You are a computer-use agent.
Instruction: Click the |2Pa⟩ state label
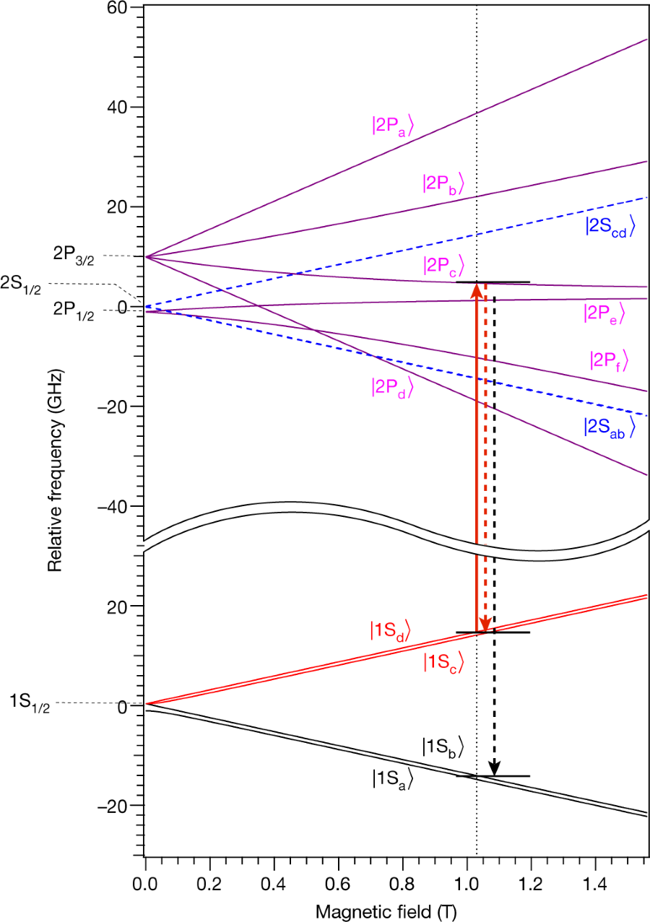coord(392,125)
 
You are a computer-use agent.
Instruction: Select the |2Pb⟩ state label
coord(443,183)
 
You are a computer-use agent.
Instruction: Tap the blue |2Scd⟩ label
coord(610,226)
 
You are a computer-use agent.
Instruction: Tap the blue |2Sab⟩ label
coord(609,426)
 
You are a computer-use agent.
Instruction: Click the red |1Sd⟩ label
coord(390,630)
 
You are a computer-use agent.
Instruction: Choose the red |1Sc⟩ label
coord(443,661)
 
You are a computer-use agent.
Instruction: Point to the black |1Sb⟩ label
coord(443,747)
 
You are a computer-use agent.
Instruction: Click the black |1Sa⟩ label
coord(392,778)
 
